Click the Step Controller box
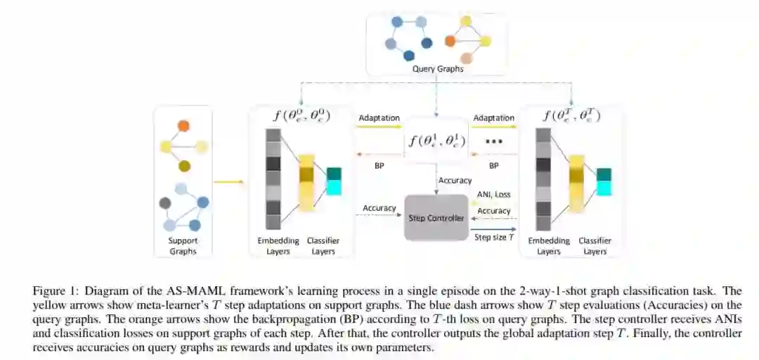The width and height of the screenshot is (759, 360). coord(436,218)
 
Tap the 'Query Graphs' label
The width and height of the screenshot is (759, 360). coord(437,69)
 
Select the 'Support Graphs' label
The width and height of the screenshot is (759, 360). coord(182,246)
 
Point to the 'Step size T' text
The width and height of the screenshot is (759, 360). coord(494,238)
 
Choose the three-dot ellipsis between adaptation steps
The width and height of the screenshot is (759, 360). coord(493,142)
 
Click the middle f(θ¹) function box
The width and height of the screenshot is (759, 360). coord(436,140)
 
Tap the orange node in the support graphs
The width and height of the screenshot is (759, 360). coord(183,127)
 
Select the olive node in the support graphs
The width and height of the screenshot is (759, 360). coord(183,166)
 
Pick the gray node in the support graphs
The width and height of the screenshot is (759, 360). coord(165,203)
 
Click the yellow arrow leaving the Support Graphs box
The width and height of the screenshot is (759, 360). coord(228,182)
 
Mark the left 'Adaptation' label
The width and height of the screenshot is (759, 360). coord(379,118)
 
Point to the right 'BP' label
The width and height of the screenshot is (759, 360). coord(493,166)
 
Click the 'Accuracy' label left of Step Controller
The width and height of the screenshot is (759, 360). coord(379,208)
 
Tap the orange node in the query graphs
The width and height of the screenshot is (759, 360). coord(450,41)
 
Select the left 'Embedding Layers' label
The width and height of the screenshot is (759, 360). coord(278,245)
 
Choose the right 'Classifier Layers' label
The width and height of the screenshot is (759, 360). coord(595,245)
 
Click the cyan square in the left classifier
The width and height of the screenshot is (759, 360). coord(333,187)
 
